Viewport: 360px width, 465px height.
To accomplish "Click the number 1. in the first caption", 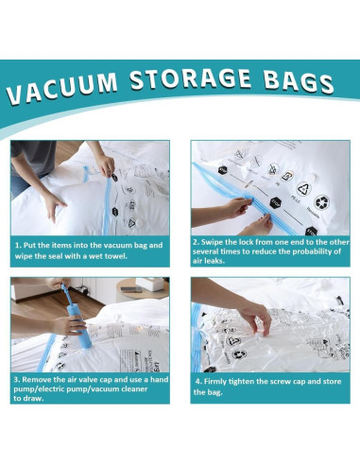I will [x=18, y=245].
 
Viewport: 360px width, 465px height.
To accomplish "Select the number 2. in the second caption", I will [x=197, y=242].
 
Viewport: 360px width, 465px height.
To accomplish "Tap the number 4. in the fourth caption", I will [x=198, y=382].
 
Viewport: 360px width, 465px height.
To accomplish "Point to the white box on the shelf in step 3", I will [x=129, y=285].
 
